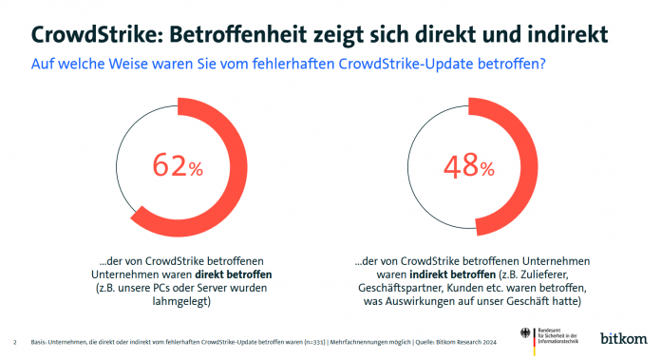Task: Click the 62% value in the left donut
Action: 179,167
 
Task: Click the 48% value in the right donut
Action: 468,167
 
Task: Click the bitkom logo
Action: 623,338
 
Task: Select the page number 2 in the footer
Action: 15,341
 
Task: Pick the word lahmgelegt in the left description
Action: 180,303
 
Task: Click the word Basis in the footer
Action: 41,341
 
